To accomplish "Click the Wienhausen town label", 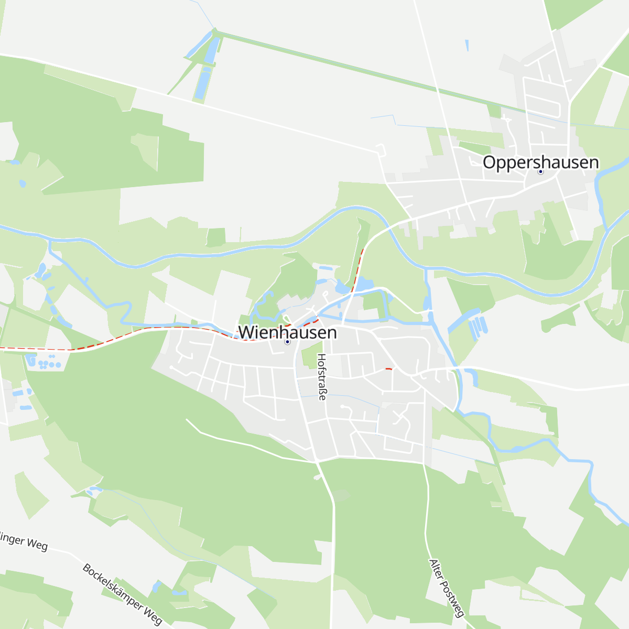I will pyautogui.click(x=287, y=332).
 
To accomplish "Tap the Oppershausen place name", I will pyautogui.click(x=540, y=162).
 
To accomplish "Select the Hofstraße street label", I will pyautogui.click(x=322, y=377).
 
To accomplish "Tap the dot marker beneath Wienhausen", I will pyautogui.click(x=287, y=342).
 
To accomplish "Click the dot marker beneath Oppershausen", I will pyautogui.click(x=540, y=171).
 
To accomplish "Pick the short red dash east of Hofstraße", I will pyautogui.click(x=388, y=369).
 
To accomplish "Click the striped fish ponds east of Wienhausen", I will pyautogui.click(x=478, y=327).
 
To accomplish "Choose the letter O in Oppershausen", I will pyautogui.click(x=489, y=162).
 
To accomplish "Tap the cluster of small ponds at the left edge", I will pyautogui.click(x=46, y=362).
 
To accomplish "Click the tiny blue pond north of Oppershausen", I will pyautogui.click(x=467, y=46).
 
